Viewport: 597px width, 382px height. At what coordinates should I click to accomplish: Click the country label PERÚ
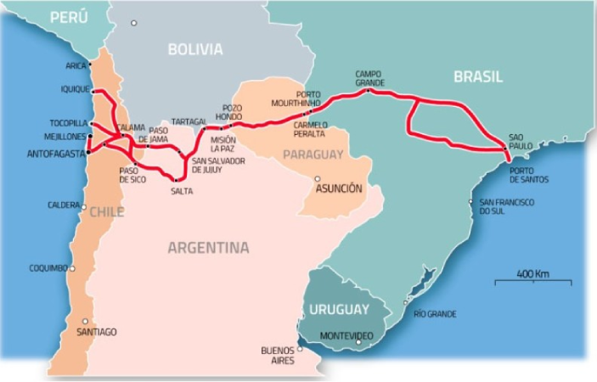coord(70,18)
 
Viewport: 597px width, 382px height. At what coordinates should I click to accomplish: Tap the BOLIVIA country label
coord(194,49)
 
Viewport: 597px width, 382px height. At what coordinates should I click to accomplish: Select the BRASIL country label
coord(477,76)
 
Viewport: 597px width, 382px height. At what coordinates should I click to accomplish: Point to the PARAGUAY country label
coord(313,154)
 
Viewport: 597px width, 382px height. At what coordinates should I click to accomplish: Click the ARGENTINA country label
coord(208,248)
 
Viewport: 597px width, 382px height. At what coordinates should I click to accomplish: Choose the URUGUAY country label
coord(339,309)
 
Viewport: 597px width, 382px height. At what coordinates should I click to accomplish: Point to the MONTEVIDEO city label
coord(346,336)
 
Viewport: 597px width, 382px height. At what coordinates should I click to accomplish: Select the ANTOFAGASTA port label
coord(56,154)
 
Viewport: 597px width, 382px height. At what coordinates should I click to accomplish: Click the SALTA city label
coord(181,191)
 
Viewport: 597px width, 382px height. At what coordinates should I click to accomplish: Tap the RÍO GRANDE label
coord(435,314)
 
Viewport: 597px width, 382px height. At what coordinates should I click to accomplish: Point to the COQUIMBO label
coord(48,268)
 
